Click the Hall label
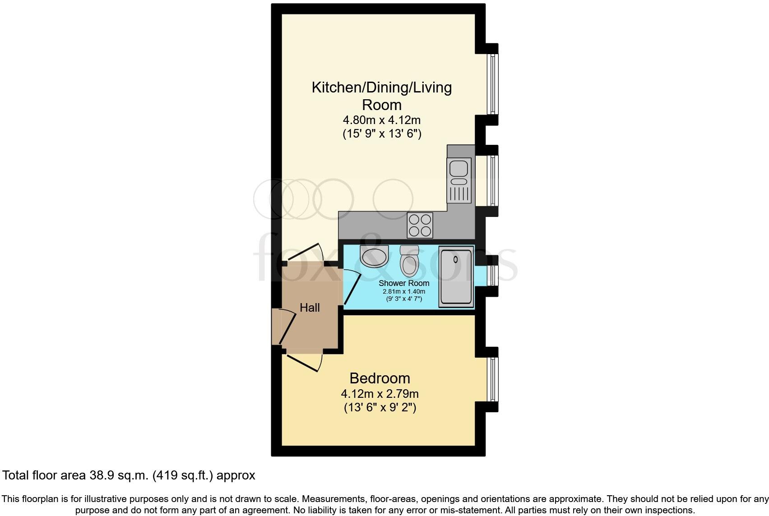point(310,308)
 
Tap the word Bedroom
point(380,378)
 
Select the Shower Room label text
point(404,283)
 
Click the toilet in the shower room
point(410,261)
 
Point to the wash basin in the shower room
point(374,256)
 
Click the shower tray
point(456,276)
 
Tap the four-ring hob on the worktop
point(420,225)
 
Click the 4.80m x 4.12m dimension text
point(382,120)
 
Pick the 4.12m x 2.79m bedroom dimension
point(380,394)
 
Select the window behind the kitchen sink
point(493,180)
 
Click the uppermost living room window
point(493,83)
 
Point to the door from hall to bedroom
point(305,361)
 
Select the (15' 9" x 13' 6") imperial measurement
point(382,134)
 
